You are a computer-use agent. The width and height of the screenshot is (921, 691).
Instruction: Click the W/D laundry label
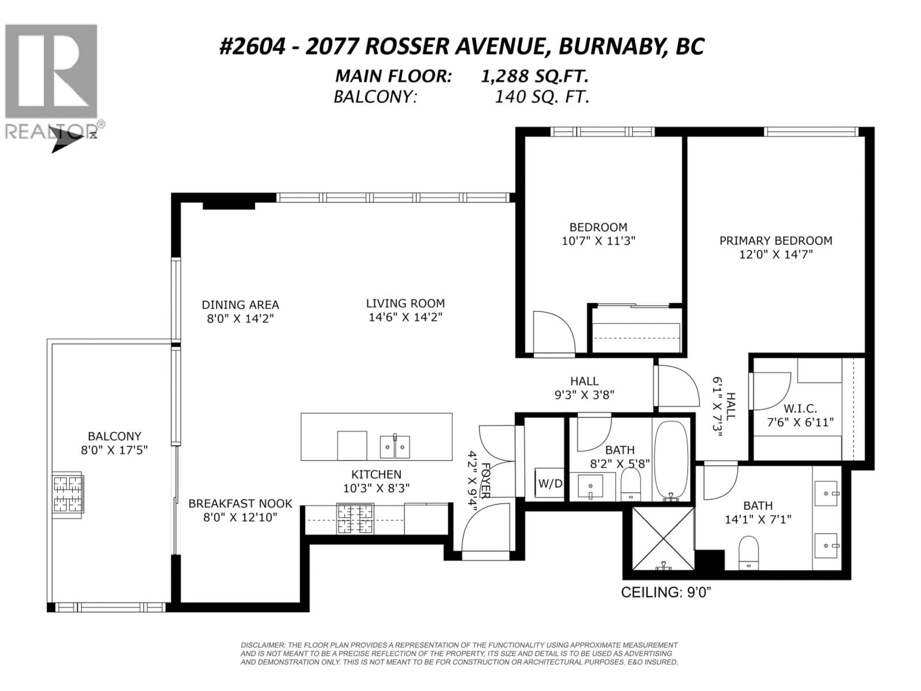[550, 483]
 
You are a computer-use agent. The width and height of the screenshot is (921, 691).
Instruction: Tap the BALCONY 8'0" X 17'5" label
[114, 443]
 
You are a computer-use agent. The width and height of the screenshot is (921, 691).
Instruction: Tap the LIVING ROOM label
[406, 310]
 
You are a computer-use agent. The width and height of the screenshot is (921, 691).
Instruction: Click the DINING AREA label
[240, 311]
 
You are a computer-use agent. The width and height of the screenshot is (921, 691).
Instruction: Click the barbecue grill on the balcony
[67, 494]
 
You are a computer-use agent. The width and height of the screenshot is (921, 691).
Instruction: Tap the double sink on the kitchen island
[395, 447]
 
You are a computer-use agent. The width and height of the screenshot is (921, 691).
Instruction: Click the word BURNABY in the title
[609, 47]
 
